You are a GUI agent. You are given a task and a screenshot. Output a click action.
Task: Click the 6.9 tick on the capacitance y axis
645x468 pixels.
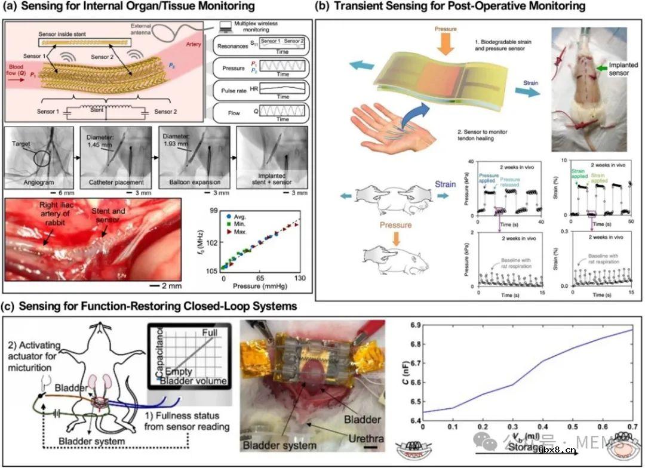point(411,325)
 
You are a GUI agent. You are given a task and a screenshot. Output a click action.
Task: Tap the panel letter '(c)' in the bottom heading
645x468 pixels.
point(10,307)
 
